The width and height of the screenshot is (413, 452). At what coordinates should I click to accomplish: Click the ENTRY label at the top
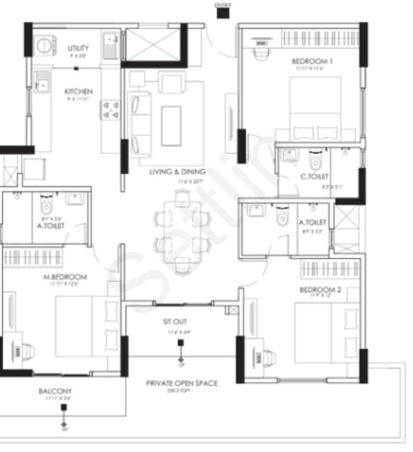(x=222, y=5)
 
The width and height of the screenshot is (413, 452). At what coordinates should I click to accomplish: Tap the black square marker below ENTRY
(x=222, y=13)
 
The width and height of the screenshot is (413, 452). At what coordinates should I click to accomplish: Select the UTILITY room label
(x=78, y=48)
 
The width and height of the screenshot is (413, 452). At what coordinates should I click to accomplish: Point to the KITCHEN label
(x=78, y=91)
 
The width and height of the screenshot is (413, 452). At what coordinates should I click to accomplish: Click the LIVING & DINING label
(x=178, y=172)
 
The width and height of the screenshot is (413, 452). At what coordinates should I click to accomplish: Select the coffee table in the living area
(x=171, y=126)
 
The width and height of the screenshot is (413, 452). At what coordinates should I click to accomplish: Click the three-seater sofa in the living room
(x=140, y=124)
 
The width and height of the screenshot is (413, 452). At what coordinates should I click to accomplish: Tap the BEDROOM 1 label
(x=312, y=61)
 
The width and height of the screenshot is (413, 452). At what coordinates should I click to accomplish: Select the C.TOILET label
(x=314, y=177)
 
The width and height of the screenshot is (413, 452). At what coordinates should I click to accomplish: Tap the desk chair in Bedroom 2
(x=268, y=358)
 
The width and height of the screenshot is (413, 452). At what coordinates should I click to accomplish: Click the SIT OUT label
(x=175, y=321)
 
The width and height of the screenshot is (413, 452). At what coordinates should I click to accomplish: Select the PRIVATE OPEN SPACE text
(x=181, y=383)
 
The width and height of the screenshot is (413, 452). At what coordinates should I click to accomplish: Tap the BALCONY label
(x=55, y=391)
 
